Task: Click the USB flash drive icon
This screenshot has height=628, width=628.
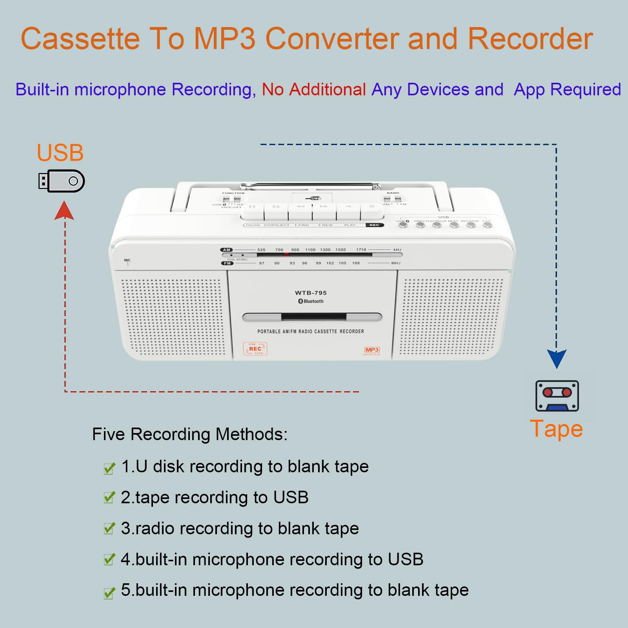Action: coord(62,181)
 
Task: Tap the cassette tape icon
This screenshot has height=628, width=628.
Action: coord(557,396)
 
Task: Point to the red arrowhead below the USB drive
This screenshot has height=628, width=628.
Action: coord(64,211)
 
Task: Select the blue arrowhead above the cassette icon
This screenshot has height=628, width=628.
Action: coord(557,359)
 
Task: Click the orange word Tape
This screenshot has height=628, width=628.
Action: coord(556,429)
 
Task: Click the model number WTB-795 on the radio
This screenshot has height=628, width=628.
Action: coord(311,293)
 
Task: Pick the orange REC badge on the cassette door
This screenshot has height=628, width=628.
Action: coord(255,349)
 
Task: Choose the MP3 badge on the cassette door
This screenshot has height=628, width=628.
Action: coord(372,350)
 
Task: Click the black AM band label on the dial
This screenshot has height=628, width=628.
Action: coord(227,250)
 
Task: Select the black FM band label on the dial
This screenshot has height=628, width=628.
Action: coord(227,263)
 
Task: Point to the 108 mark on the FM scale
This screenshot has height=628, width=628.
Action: coord(356,263)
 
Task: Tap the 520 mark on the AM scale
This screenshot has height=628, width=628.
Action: coord(261,250)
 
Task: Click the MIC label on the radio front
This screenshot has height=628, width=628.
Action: coord(127,260)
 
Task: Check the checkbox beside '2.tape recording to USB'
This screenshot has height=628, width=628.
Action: coord(109,498)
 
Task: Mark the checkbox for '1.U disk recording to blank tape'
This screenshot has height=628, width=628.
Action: coord(109,468)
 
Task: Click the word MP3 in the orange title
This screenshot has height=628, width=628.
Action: coord(225,39)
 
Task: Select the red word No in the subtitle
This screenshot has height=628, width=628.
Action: coord(273,89)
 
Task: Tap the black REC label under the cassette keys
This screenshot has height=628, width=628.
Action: coord(374,225)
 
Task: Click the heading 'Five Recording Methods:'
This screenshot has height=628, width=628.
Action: coord(190,434)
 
